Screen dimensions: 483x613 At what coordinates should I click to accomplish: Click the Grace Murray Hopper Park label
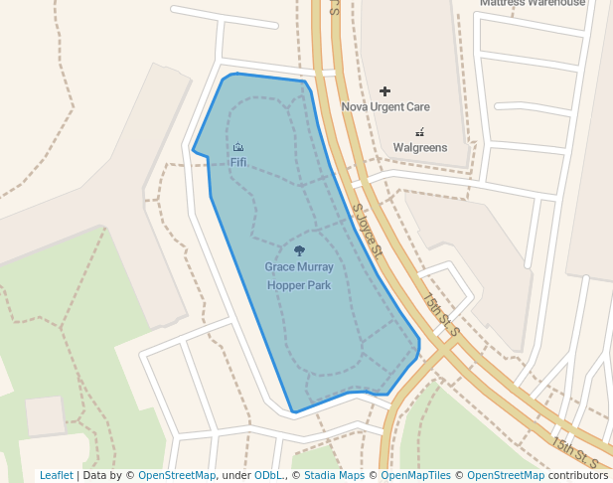click(299, 276)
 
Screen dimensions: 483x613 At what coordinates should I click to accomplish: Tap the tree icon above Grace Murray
click(300, 251)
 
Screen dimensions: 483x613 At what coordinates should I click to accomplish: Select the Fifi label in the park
click(238, 162)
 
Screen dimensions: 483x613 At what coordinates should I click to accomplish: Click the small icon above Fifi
click(238, 147)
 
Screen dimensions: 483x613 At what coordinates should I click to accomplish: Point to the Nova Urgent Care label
click(385, 106)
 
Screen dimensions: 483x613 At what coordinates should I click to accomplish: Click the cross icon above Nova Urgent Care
click(385, 91)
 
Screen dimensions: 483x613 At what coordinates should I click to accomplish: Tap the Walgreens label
click(419, 148)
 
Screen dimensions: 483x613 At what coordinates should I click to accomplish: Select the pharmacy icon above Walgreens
click(419, 131)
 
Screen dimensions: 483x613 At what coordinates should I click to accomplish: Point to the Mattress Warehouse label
click(533, 3)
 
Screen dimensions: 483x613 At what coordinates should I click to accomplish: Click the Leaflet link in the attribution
click(57, 476)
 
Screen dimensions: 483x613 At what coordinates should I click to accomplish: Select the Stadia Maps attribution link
click(334, 476)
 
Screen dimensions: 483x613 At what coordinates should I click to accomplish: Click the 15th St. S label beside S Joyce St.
click(439, 314)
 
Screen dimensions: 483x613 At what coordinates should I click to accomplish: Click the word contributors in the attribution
click(578, 476)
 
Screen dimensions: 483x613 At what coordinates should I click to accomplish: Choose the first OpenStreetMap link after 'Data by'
click(177, 476)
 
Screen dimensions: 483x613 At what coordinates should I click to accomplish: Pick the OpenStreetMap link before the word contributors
click(506, 476)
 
